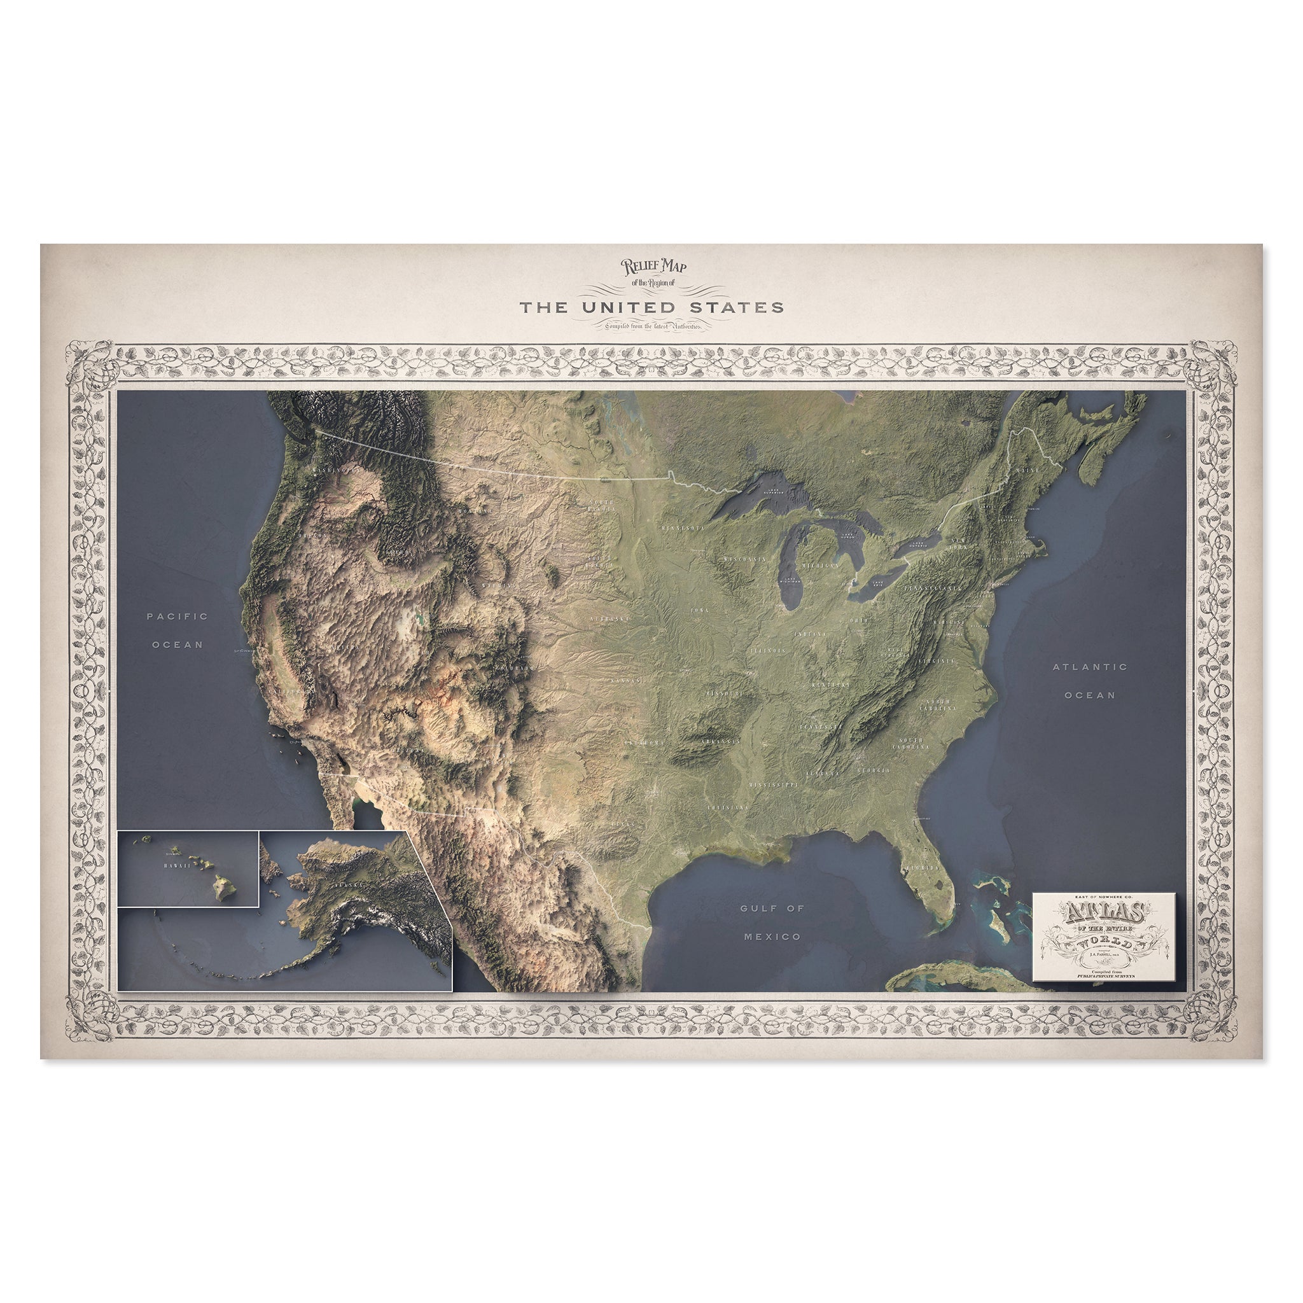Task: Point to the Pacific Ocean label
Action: [178, 630]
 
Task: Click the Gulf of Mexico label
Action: [772, 922]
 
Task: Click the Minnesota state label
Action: [683, 527]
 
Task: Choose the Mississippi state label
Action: [773, 785]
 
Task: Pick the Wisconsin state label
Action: [745, 559]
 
